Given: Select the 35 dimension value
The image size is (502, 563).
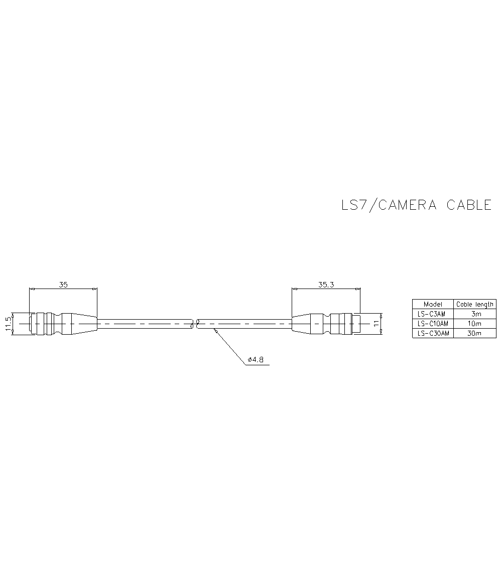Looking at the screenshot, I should [x=63, y=285].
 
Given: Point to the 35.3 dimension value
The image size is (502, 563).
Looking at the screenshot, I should [x=326, y=285].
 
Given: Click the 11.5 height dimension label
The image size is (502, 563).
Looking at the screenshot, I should [x=8, y=324].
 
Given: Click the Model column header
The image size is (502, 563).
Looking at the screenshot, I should [x=433, y=304].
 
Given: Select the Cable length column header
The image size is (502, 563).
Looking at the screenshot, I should [x=475, y=304].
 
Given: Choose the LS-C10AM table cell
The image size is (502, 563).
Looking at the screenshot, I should [x=433, y=323].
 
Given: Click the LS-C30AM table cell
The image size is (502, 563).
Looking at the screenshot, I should [x=433, y=333].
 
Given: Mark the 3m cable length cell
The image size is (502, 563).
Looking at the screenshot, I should [x=474, y=314].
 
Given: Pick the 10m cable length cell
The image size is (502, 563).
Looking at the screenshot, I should [x=474, y=323].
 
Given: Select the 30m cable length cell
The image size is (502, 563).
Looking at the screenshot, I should [x=474, y=333].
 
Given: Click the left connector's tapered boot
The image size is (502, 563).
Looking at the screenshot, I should [x=80, y=324].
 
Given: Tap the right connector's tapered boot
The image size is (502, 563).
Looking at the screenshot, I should [x=301, y=324].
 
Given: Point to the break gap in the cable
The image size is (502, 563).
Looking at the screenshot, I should [x=195, y=324].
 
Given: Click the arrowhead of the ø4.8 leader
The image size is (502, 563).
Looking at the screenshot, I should [x=215, y=331].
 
